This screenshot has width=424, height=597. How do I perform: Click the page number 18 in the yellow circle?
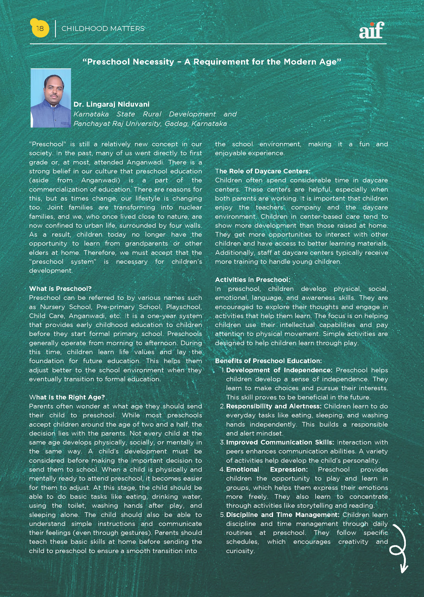click(x=40, y=28)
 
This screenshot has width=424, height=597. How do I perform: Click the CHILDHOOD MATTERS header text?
click(x=103, y=29)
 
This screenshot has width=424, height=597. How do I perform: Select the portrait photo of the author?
click(x=51, y=98)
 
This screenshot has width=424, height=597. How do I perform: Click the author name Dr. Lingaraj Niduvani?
click(x=111, y=104)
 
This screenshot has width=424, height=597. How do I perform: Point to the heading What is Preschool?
click(x=60, y=288)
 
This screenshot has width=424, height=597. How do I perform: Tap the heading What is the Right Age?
click(x=67, y=397)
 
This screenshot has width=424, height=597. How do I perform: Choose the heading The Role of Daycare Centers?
click(x=262, y=171)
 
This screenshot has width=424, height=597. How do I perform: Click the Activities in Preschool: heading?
click(x=252, y=280)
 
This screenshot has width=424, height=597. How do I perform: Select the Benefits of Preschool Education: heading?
click(x=268, y=361)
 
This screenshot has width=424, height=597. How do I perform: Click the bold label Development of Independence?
click(x=279, y=370)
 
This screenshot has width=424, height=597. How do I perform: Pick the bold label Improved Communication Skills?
click(x=280, y=442)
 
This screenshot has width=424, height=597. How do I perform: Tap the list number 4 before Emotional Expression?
click(x=222, y=469)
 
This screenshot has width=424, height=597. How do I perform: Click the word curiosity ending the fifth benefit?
click(x=240, y=551)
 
